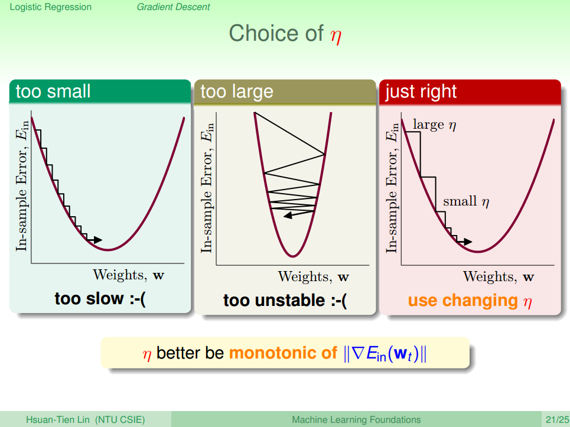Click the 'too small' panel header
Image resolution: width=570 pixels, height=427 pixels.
[x=100, y=92]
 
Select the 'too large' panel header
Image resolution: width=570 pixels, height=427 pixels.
[x=285, y=92]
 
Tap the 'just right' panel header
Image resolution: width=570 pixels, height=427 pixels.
[x=470, y=92]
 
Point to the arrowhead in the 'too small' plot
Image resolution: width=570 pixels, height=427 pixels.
[x=98, y=240]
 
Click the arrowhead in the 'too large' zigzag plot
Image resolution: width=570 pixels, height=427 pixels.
[x=288, y=216]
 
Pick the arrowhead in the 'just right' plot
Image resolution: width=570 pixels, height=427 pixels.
[x=468, y=242]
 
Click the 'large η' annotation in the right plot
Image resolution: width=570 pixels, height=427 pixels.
[x=434, y=125]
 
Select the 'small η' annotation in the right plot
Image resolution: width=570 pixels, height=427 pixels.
[x=466, y=202]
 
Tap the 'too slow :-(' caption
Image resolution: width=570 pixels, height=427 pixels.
[x=100, y=299]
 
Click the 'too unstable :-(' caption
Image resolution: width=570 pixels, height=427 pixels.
[x=285, y=301]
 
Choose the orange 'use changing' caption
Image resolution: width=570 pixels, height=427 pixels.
[x=462, y=301]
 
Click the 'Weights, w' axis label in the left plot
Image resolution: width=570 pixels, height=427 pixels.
[x=128, y=275]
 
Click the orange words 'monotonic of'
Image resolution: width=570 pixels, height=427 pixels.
[x=283, y=353]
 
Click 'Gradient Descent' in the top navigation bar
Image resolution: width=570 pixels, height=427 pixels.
[x=174, y=7]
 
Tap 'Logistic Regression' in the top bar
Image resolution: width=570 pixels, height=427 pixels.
[x=51, y=7]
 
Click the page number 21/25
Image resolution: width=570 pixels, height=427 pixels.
[x=557, y=420]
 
